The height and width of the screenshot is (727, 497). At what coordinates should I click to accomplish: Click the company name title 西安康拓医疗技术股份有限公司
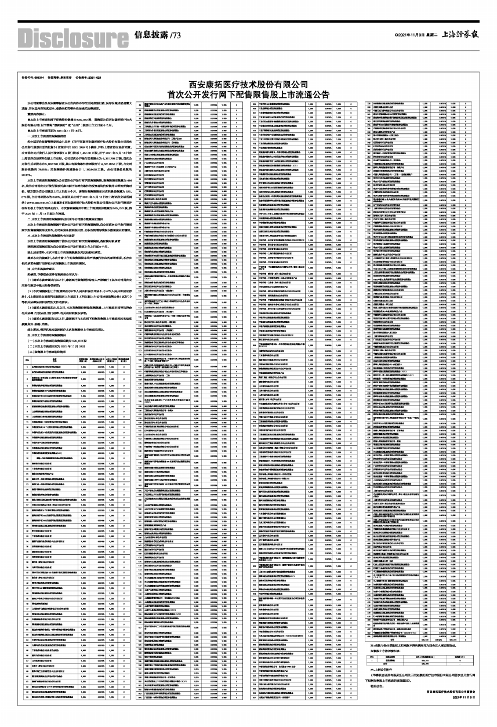tap(248, 85)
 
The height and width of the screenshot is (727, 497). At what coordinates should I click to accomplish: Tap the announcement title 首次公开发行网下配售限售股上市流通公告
tap(248, 94)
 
